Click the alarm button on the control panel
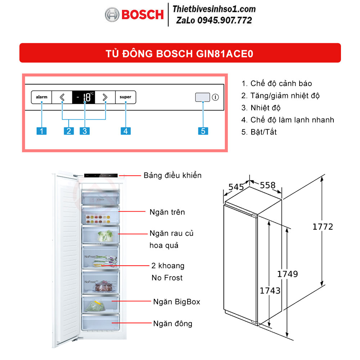click(41, 97)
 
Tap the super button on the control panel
click(126, 97)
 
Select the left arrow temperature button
click(62, 97)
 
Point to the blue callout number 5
click(203, 131)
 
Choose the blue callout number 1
click(42, 131)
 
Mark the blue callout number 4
click(126, 131)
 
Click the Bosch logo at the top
click(134, 14)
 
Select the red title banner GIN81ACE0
click(180, 53)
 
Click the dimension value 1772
click(323, 227)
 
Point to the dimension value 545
click(236, 187)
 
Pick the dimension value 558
click(267, 185)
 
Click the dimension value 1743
click(270, 290)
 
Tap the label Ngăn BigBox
click(176, 302)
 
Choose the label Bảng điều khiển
click(172, 175)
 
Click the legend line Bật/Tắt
click(259, 132)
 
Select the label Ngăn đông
click(172, 324)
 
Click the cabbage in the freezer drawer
click(105, 236)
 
